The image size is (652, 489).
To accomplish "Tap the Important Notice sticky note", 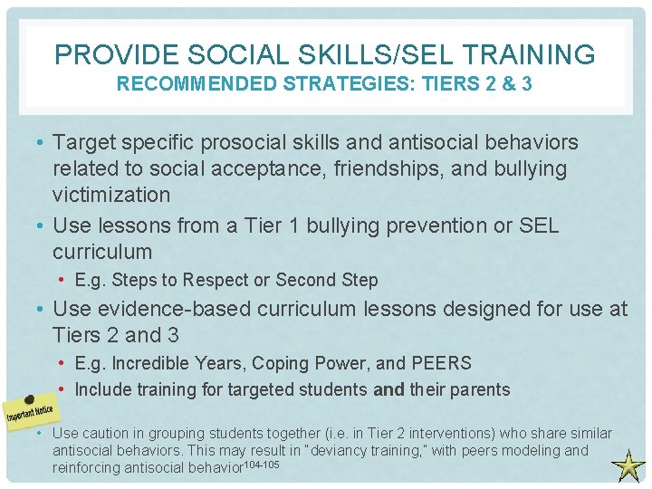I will point(31,410).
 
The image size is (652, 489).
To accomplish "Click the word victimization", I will point(111,195).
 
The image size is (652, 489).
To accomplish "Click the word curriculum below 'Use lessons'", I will point(102,251).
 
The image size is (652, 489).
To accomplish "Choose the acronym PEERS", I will point(441,363).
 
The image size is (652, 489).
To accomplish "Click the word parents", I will point(476,389).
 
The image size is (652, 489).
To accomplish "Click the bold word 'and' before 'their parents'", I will point(388,389).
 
